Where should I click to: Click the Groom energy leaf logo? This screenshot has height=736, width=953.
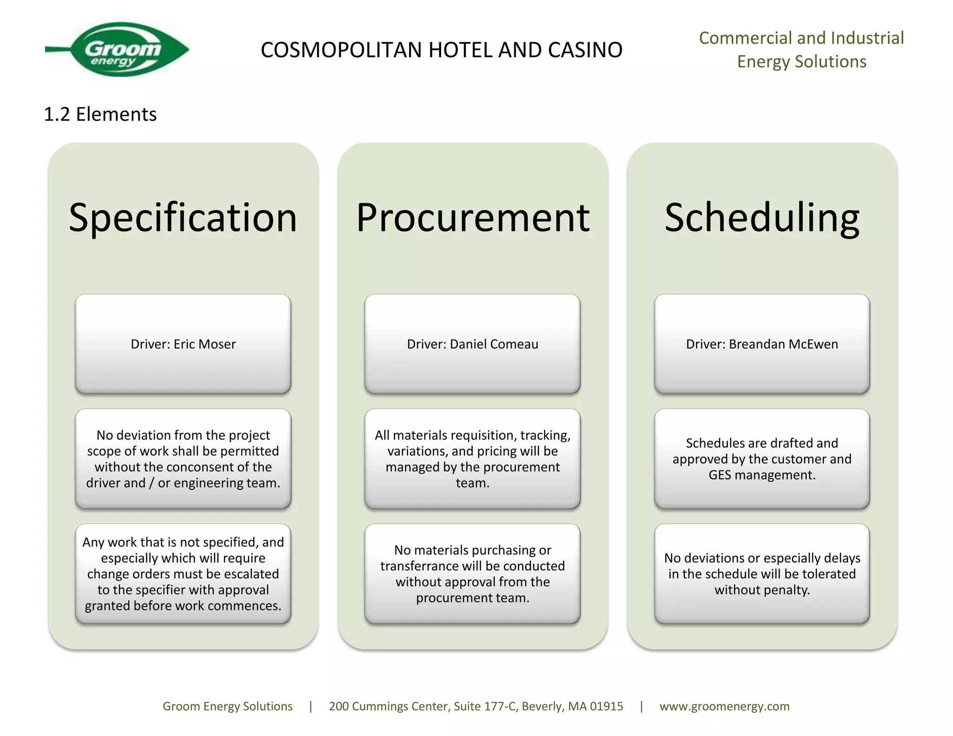click(122, 49)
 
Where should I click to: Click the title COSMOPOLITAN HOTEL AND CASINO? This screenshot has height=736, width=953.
click(441, 50)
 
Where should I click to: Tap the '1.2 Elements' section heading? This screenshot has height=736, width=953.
click(100, 114)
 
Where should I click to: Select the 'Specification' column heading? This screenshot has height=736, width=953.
click(183, 217)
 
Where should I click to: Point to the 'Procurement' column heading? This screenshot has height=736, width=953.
click(473, 217)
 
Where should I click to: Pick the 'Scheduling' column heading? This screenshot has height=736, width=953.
click(762, 217)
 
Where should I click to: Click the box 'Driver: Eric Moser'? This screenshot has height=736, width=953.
click(183, 344)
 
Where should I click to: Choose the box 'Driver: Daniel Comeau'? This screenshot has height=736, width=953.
click(472, 344)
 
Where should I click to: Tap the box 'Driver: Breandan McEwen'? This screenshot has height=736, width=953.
click(762, 344)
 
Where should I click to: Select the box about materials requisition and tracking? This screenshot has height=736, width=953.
click(472, 459)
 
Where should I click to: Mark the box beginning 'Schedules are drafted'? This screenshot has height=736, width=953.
click(762, 459)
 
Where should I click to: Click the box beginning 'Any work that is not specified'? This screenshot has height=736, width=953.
click(183, 574)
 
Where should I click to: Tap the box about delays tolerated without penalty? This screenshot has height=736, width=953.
click(762, 574)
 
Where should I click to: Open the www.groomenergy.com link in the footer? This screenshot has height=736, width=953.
click(725, 706)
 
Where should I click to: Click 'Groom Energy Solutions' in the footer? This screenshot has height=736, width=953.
click(228, 706)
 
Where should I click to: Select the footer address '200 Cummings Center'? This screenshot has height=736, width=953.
click(476, 706)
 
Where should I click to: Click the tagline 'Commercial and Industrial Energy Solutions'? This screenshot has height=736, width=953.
click(801, 50)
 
